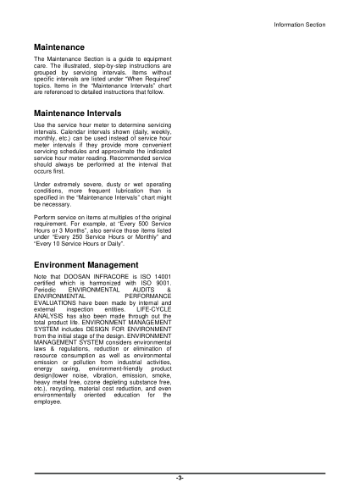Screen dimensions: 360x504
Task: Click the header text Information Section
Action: point(298,25)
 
